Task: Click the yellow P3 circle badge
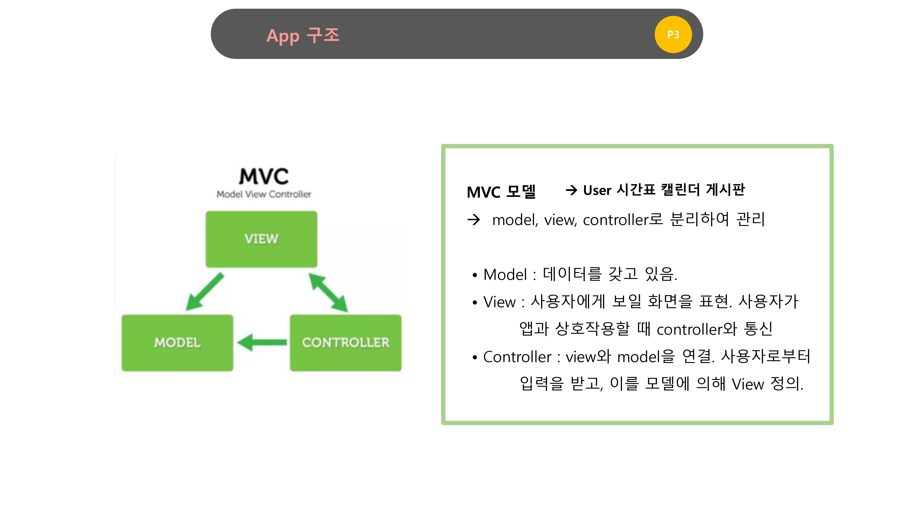point(673,34)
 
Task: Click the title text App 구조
point(303,35)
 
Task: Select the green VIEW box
point(261,239)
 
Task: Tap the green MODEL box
point(177,343)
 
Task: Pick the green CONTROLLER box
point(345,343)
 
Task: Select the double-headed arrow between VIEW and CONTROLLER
point(328,293)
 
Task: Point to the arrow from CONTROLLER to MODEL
point(262,342)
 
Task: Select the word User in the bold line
point(597,191)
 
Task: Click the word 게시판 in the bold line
point(725,190)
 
